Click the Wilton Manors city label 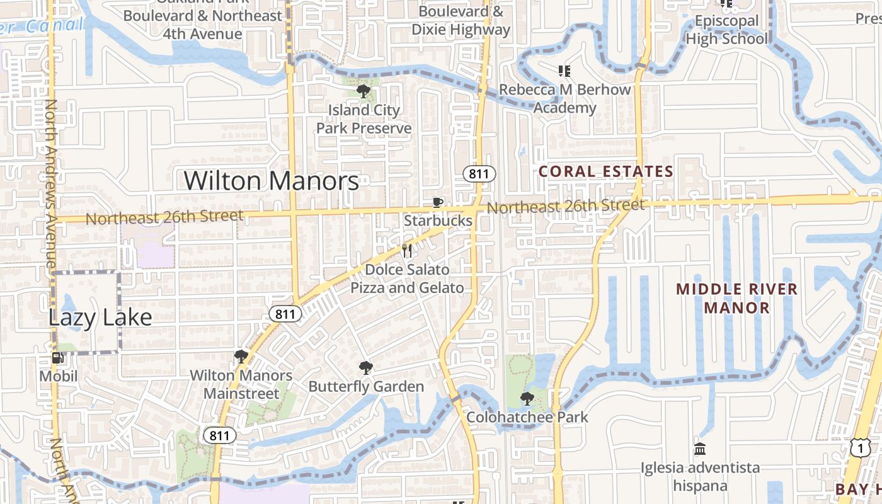272,181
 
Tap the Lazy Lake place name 100,318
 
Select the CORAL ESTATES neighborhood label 606,171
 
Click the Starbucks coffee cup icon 438,202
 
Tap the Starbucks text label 438,220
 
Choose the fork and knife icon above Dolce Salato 407,251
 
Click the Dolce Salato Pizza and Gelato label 407,278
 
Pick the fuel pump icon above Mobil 58,358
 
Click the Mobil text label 58,376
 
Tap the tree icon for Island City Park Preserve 364,91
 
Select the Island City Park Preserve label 364,119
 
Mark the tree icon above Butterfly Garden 365,368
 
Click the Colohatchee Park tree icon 527,398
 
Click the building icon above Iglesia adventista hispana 700,449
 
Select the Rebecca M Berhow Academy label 564,99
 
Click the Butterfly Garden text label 366,386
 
